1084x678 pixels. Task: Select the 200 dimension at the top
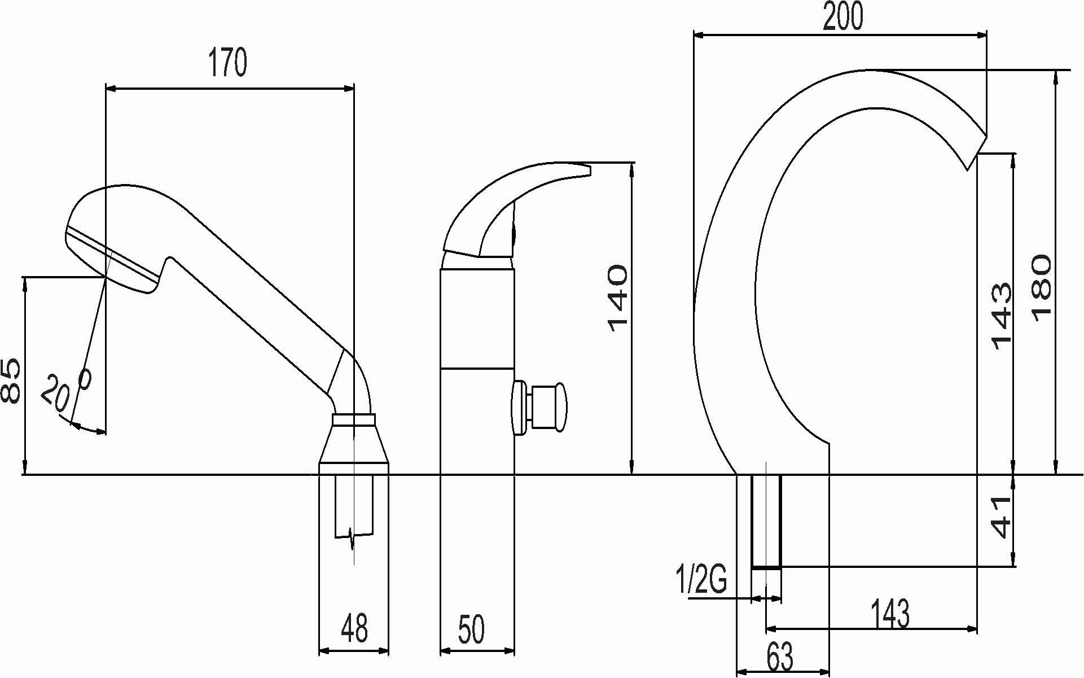click(x=843, y=16)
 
